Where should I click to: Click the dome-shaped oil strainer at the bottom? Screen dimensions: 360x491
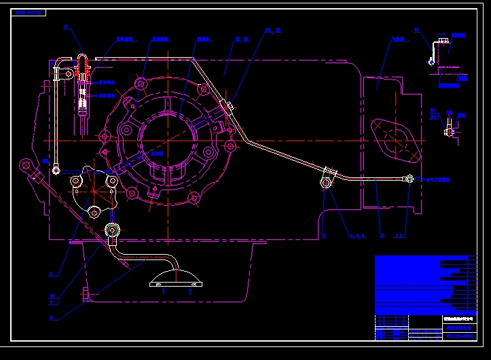pos(176,278)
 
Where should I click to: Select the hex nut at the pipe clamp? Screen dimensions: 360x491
pos(327,182)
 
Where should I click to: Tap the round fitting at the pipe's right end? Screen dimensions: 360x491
pos(410,179)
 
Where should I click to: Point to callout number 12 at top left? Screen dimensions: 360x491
pos(66,26)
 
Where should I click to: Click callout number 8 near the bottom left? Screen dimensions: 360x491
pos(51,317)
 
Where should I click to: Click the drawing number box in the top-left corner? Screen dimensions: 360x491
pos(29,12)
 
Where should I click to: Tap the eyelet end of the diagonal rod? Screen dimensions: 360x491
pos(26,164)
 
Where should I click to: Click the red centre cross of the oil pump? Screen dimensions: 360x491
pos(94,191)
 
